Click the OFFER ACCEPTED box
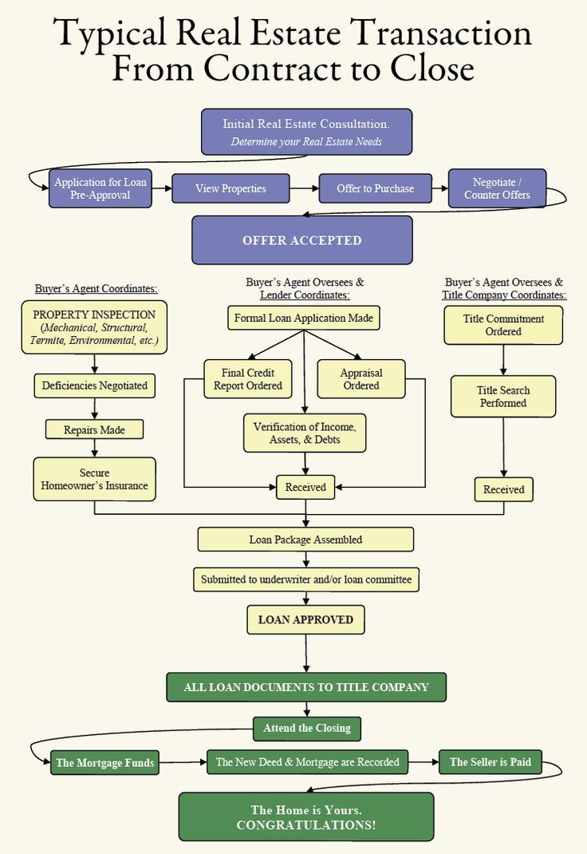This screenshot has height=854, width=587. (302, 240)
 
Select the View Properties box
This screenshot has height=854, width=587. (230, 189)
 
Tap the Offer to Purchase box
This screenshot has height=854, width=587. (375, 189)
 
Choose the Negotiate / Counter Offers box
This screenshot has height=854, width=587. (497, 188)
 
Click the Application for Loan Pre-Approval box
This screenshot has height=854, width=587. (100, 188)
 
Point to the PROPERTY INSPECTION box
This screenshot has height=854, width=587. (95, 327)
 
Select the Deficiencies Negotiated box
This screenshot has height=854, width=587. (95, 385)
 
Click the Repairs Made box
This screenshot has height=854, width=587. (95, 430)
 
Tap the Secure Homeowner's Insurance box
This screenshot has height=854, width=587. (94, 480)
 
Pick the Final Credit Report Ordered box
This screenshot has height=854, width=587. (247, 379)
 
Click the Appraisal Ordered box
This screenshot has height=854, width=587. (360, 379)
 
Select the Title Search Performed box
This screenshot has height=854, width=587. (503, 397)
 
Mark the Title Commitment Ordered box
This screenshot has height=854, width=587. (503, 325)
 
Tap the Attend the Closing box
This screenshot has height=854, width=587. (307, 728)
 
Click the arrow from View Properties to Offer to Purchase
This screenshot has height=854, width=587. (301, 189)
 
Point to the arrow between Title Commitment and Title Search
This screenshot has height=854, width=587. (503, 360)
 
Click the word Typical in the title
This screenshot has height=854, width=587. (111, 34)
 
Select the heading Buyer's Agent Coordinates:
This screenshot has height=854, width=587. (96, 288)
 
